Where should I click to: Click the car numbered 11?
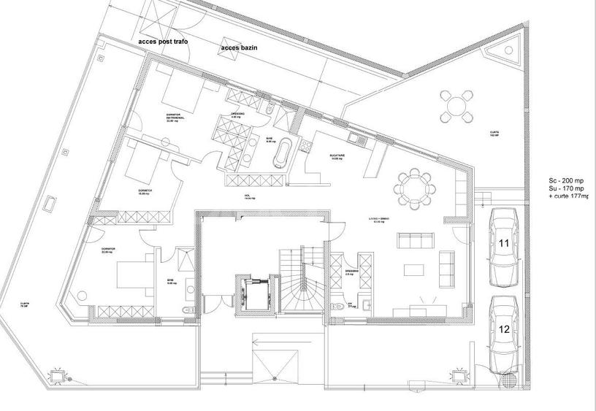pyautogui.click(x=505, y=247)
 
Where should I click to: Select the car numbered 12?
pyautogui.click(x=505, y=333)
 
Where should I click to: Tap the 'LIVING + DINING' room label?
pyautogui.click(x=380, y=220)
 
